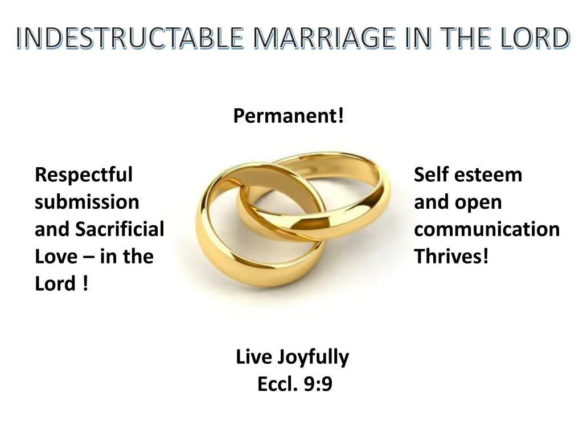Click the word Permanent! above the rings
(289, 116)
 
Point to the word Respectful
(83, 175)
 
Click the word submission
(87, 202)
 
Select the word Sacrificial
(120, 229)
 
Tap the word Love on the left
(54, 257)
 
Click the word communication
(487, 229)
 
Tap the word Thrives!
(451, 257)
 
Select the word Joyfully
(314, 358)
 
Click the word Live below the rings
(254, 358)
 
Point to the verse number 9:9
(318, 384)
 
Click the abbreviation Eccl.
(278, 384)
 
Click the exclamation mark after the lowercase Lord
(84, 284)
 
